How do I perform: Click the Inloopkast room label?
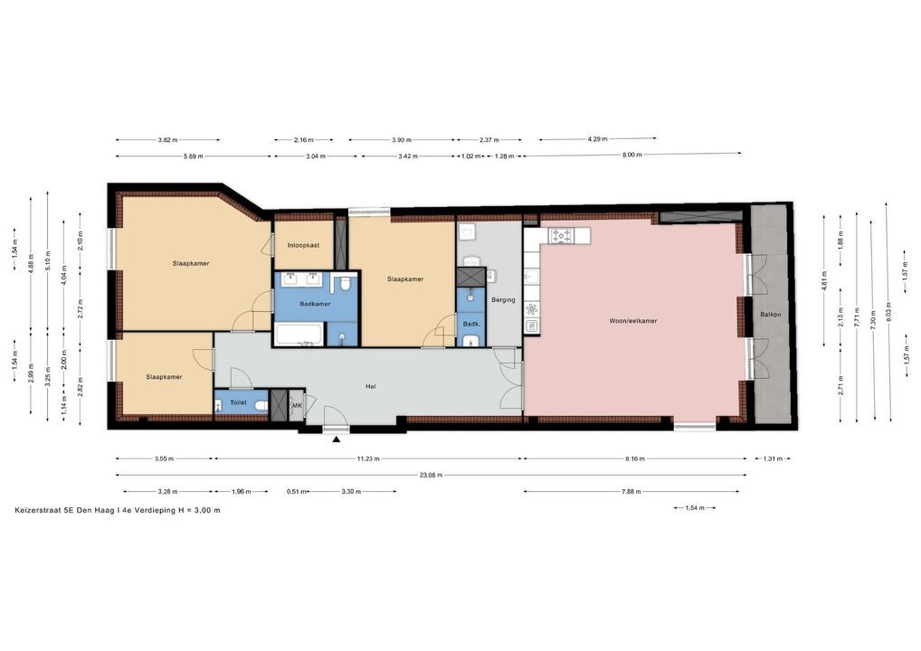303,245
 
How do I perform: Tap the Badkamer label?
315,304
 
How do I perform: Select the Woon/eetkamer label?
632,321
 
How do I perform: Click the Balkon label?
771,315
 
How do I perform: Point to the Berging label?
503,299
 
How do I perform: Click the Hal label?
371,386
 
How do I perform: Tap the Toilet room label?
239,402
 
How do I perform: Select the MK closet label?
297,406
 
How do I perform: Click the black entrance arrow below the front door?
336,439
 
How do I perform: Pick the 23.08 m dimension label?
431,475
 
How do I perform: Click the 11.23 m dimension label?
368,459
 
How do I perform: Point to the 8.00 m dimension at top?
632,155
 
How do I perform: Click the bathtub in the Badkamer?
298,334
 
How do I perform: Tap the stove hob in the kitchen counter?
560,236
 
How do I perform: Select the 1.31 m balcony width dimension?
773,459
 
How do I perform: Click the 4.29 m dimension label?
597,139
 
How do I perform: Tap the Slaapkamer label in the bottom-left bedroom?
164,377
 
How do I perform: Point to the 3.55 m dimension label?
164,459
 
